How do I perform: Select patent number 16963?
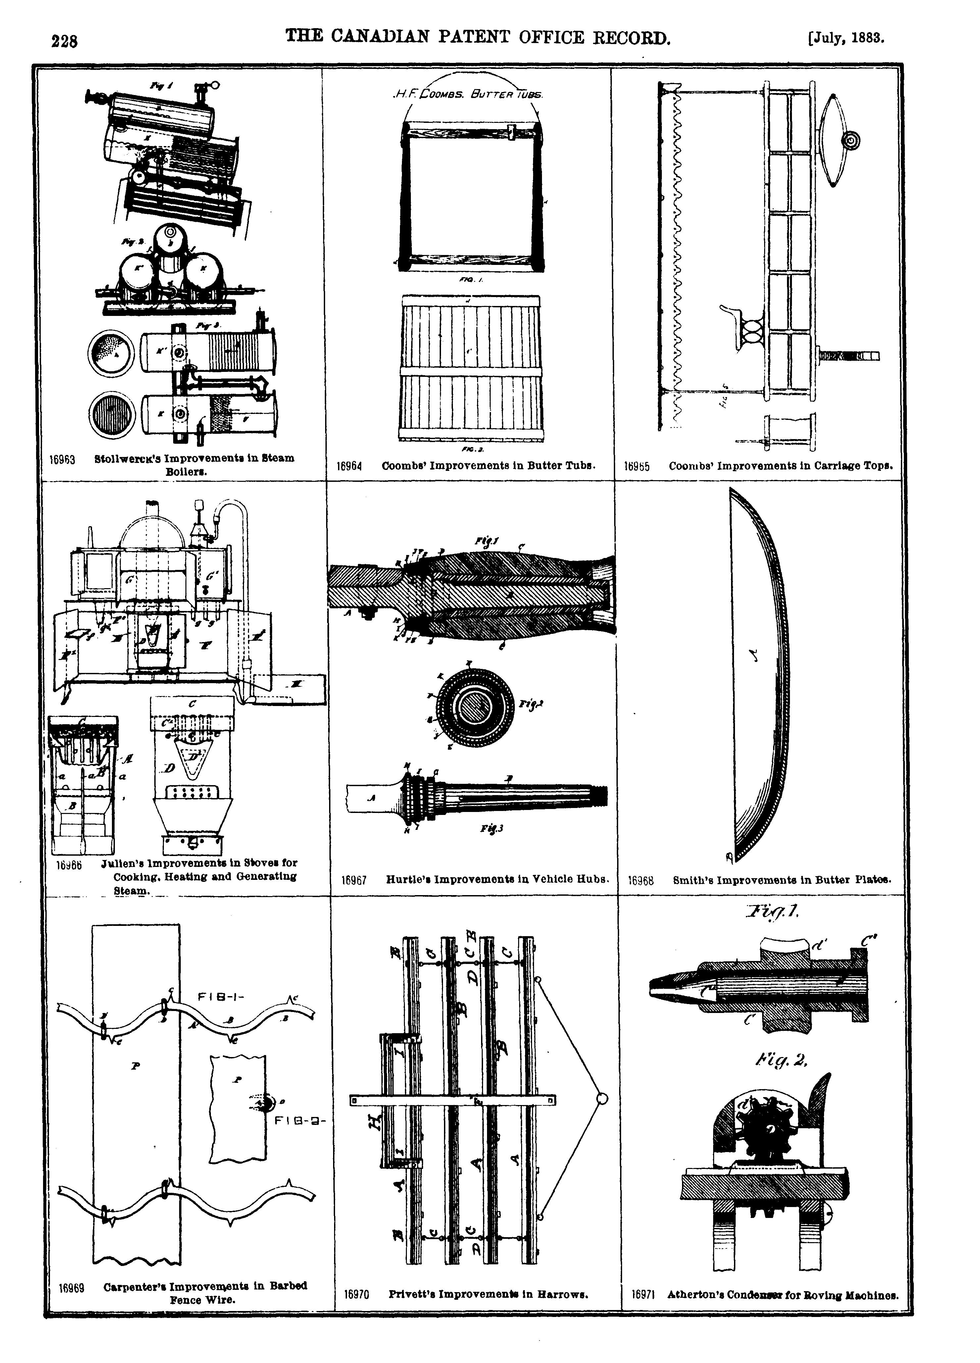click(62, 459)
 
